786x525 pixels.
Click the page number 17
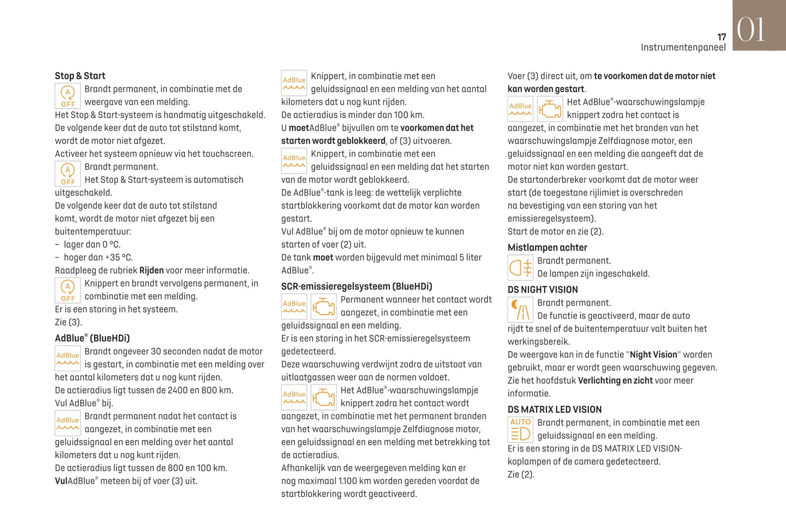(721, 37)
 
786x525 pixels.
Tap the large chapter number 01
(751, 29)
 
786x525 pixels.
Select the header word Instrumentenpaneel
(683, 47)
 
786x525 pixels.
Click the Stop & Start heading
(80, 76)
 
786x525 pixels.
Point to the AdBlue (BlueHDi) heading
(92, 338)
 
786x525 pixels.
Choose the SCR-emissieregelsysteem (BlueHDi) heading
(356, 286)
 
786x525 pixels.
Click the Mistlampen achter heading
(547, 248)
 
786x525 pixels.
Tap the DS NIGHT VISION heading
(542, 290)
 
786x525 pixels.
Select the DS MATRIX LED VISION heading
(554, 410)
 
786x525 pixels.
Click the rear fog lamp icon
(520, 268)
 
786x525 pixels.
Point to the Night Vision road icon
(520, 310)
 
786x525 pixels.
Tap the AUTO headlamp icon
(520, 429)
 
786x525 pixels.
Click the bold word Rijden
(151, 271)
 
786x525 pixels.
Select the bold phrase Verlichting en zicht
(615, 381)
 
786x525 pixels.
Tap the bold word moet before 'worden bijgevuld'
(323, 258)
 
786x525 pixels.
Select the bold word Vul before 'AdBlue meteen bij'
(61, 481)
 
